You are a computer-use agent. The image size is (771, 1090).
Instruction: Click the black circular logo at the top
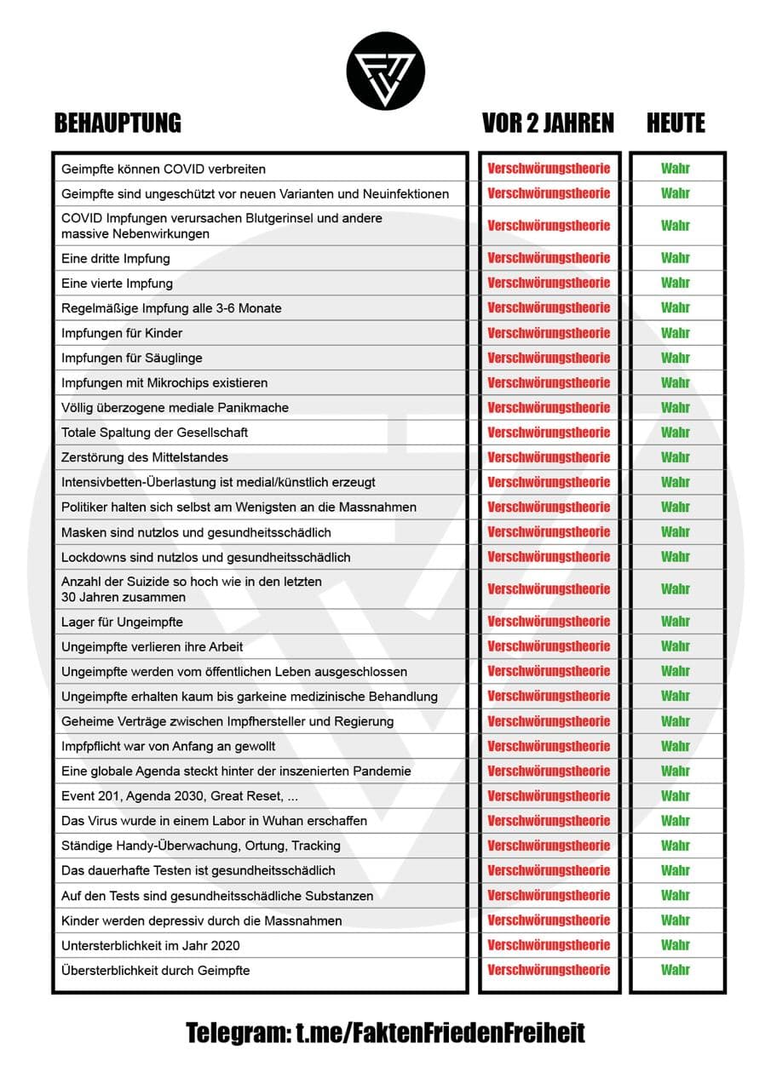click(385, 70)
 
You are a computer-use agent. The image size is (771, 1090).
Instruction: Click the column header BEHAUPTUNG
click(118, 123)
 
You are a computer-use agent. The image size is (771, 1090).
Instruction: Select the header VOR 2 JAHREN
click(548, 123)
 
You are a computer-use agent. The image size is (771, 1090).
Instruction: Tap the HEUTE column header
click(676, 123)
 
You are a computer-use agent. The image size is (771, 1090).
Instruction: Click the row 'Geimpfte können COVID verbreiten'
click(164, 169)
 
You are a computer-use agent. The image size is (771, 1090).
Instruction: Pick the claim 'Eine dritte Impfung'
click(116, 258)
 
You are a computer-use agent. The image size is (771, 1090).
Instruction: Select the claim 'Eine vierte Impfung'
click(117, 283)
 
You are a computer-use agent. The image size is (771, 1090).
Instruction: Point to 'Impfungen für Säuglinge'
click(132, 358)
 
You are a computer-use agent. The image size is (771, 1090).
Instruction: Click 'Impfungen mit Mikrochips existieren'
click(164, 382)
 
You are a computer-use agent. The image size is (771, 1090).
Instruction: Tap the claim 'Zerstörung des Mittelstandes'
click(145, 457)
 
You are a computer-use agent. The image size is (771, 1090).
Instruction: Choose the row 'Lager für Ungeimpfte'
click(122, 622)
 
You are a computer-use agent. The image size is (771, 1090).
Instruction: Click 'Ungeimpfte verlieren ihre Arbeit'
click(152, 646)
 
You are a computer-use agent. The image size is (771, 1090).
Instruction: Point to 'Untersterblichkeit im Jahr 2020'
click(156, 945)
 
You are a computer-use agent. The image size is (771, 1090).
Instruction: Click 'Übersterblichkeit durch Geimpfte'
click(155, 970)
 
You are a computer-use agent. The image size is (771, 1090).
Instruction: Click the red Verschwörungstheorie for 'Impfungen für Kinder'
click(549, 333)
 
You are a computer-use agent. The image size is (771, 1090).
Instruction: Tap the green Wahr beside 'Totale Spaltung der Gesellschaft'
click(676, 433)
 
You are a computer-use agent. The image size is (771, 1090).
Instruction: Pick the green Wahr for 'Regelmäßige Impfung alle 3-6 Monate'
click(676, 307)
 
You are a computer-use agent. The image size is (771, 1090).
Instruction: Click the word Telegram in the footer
click(237, 1034)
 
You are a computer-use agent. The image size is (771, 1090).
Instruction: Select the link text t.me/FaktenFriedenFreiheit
click(440, 1034)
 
